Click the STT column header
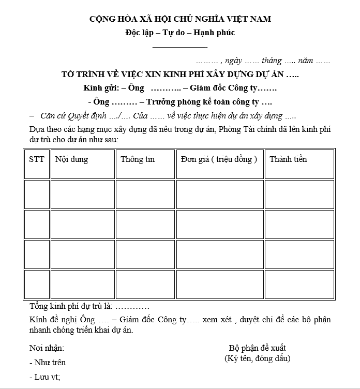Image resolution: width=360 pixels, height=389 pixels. click(x=36, y=159)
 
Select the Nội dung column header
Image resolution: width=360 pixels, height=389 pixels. click(x=71, y=159)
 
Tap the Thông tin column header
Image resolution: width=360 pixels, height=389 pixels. click(x=138, y=159)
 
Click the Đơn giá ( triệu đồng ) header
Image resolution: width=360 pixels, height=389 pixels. click(x=219, y=159)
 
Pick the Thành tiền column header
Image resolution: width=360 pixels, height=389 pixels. click(x=288, y=159)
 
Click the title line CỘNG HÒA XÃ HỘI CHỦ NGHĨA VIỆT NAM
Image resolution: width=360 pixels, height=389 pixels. click(x=180, y=19)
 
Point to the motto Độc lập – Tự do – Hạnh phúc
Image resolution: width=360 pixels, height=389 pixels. click(x=180, y=33)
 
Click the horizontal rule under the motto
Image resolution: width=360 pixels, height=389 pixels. click(x=180, y=47)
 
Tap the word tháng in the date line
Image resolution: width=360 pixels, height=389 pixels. click(x=272, y=61)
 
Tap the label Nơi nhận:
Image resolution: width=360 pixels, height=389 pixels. click(x=47, y=348)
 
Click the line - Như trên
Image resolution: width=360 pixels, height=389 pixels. click(x=48, y=363)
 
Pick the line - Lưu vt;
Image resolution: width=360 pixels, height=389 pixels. click(x=45, y=377)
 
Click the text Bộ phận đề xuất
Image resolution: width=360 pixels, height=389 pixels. click(x=257, y=348)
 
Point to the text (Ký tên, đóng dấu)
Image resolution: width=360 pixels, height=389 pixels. click(x=257, y=358)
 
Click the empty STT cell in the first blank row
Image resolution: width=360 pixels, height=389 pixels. click(x=36, y=194)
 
